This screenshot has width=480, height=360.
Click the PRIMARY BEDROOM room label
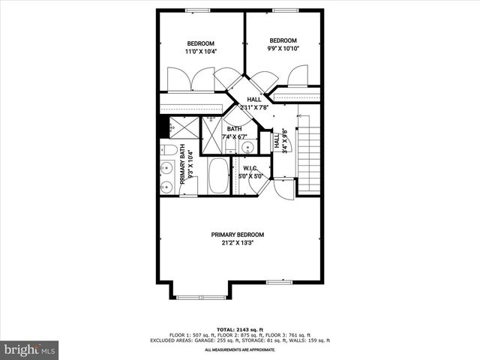click(x=236, y=235)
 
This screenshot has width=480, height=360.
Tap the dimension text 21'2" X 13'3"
click(x=236, y=243)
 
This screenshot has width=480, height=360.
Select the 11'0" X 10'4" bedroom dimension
click(x=200, y=52)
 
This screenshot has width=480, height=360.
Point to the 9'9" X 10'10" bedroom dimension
click(x=283, y=49)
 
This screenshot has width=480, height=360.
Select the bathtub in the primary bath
click(x=220, y=177)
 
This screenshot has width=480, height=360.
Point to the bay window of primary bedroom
click(x=201, y=297)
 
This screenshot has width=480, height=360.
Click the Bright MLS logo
click(x=30, y=349)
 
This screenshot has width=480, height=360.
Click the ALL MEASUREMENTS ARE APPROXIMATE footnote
click(x=239, y=349)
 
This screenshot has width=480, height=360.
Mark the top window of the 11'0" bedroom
click(x=197, y=10)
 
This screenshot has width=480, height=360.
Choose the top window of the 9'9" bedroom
click(x=283, y=10)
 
